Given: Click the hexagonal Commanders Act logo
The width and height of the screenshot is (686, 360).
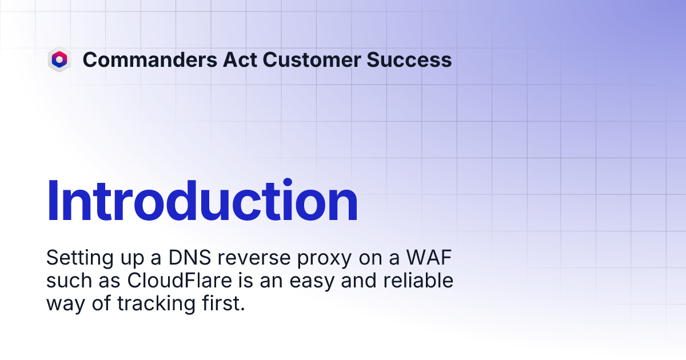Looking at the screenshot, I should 59,59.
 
